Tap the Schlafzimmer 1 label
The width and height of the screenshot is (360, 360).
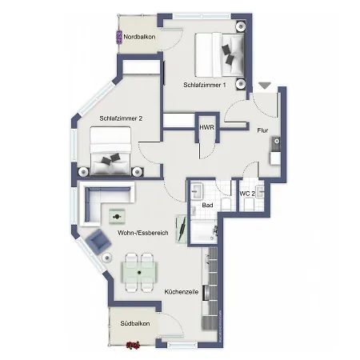[205, 85]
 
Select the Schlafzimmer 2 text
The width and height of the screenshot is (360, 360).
[121, 118]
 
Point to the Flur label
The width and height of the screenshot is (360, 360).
[262, 131]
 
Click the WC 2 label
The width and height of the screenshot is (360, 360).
[247, 194]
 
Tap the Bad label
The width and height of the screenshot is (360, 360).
[207, 205]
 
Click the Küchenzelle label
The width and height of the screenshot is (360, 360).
[182, 292]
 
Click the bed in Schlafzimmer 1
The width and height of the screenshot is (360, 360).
[223, 52]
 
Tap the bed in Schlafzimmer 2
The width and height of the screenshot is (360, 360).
[111, 156]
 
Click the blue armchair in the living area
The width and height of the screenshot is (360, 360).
[99, 239]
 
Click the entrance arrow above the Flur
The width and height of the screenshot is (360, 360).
[265, 85]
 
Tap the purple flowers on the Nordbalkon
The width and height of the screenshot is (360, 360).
[119, 37]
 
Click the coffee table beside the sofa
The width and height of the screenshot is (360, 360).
[118, 217]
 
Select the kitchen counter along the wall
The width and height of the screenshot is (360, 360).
[211, 292]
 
